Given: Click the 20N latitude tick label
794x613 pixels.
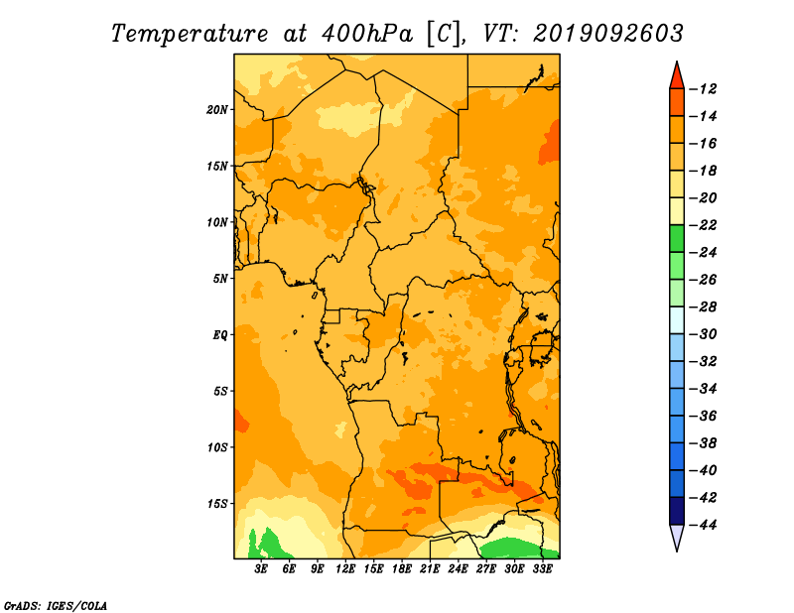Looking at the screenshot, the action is [x=217, y=110].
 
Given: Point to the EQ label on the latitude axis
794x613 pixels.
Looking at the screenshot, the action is [x=219, y=335].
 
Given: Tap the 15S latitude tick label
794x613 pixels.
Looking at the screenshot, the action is [x=217, y=504].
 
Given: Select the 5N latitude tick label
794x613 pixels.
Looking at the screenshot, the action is [x=220, y=279].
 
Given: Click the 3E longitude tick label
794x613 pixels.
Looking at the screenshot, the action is [x=261, y=569].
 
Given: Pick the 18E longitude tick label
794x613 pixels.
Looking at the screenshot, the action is [x=402, y=569].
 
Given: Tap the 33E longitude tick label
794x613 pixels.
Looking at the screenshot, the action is [x=542, y=569].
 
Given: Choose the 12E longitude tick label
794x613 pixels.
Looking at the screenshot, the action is [x=345, y=569].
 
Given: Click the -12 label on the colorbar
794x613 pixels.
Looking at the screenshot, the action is [x=704, y=89].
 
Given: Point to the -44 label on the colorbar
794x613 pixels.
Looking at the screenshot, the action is [x=704, y=525].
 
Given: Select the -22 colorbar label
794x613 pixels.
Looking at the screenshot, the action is [x=704, y=225].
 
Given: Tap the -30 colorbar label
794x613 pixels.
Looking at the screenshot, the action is [x=704, y=334].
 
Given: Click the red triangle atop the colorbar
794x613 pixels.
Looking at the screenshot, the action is [x=677, y=77].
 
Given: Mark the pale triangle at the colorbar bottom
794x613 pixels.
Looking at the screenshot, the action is [x=677, y=536].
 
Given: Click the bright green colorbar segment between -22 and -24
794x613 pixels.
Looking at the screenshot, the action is [x=677, y=239].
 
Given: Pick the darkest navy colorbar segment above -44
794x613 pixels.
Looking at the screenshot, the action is [x=677, y=511].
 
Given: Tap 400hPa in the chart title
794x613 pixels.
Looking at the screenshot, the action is [x=366, y=34].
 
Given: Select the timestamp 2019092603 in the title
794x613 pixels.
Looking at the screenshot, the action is [x=608, y=34].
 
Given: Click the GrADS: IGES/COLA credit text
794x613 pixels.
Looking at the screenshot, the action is [x=56, y=606].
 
